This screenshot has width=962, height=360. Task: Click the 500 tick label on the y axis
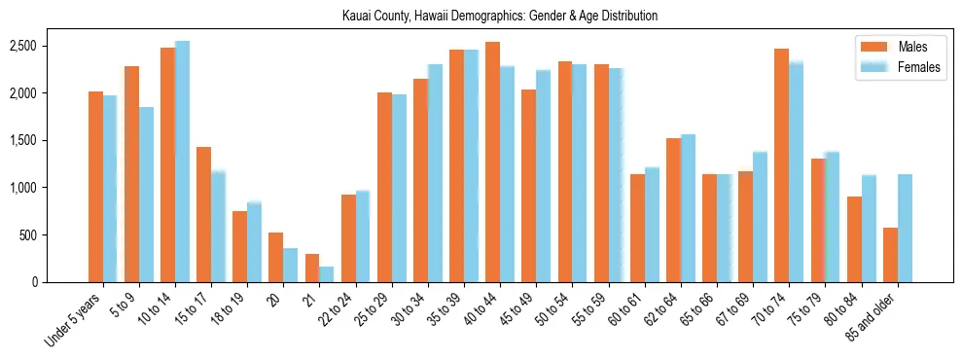(x=28, y=235)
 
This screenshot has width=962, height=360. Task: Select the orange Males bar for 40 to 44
(x=492, y=162)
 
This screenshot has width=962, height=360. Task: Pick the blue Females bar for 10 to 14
(x=182, y=162)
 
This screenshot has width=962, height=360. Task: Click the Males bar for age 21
(x=311, y=268)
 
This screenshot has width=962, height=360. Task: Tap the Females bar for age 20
(x=290, y=265)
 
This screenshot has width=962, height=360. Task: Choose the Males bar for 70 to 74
(x=781, y=164)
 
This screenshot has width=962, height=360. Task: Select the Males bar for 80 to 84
(x=853, y=239)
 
